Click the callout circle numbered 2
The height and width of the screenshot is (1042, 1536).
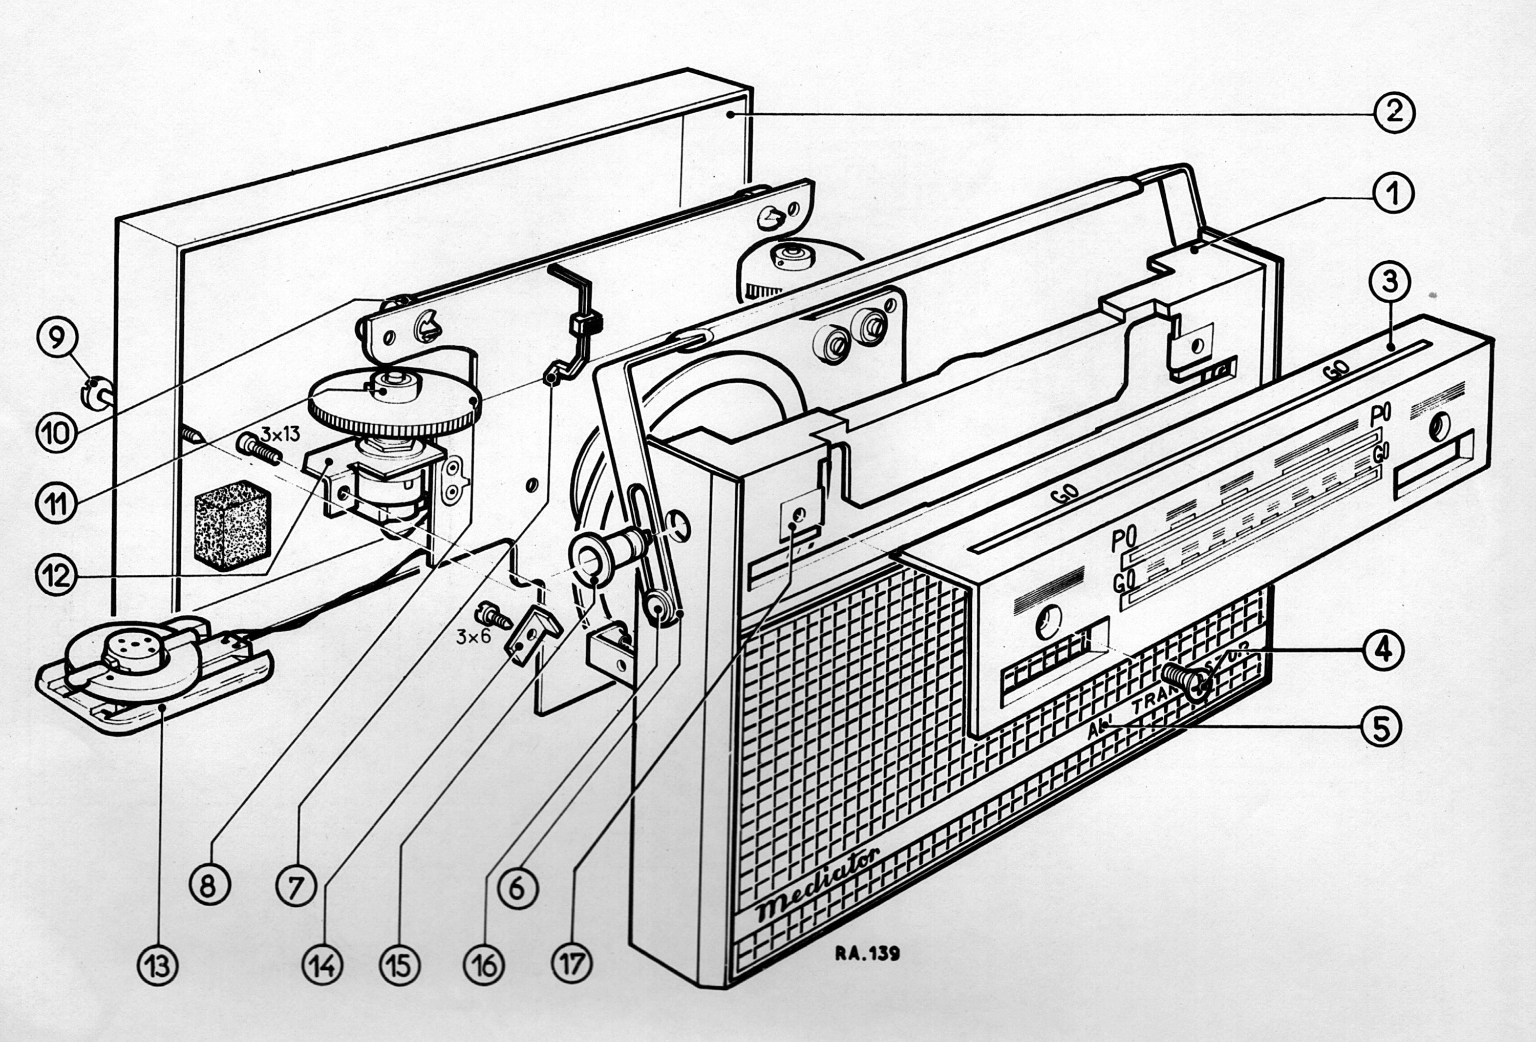[x=1393, y=112]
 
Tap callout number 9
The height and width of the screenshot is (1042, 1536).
[x=57, y=338]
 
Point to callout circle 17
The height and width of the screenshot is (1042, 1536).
[x=572, y=963]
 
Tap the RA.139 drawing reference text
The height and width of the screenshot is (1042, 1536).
[x=866, y=953]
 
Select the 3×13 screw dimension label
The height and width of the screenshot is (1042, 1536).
[x=280, y=434]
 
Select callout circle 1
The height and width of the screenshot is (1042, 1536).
[x=1393, y=194]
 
